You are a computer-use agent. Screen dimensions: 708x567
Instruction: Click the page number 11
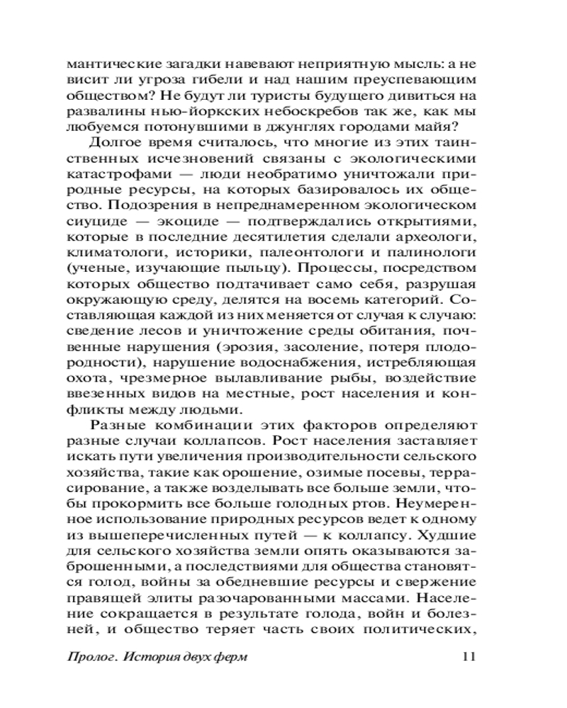pos(468,656)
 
